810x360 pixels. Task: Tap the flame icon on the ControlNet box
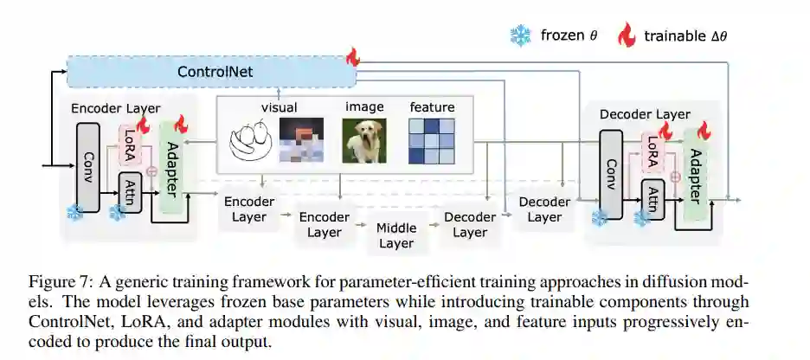pos(352,58)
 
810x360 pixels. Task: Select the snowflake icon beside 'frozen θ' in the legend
pos(520,35)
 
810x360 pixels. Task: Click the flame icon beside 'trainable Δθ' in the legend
pos(626,35)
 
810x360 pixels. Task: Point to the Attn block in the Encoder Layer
pos(130,190)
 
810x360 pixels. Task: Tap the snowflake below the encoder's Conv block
pos(75,212)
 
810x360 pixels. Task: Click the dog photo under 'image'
pos(362,140)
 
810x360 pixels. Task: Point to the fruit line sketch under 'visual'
pos(251,141)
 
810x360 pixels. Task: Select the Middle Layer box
pos(395,235)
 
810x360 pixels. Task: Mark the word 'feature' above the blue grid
pos(431,107)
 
